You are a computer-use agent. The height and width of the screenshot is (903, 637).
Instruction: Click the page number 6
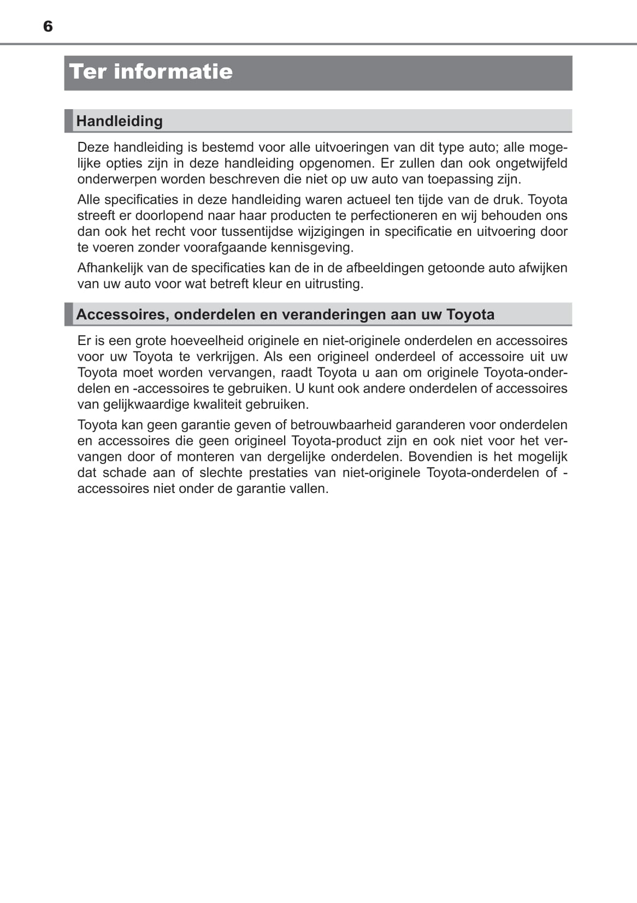tap(48, 26)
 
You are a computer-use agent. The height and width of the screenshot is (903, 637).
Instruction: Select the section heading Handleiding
tap(119, 121)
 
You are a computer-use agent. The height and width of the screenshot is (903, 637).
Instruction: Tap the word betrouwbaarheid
tap(341, 425)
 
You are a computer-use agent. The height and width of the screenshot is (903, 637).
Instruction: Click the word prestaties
tap(277, 472)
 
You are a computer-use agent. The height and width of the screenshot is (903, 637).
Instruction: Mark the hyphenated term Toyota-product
tap(336, 441)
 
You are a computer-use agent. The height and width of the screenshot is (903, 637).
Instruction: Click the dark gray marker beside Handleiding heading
tap(69, 121)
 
